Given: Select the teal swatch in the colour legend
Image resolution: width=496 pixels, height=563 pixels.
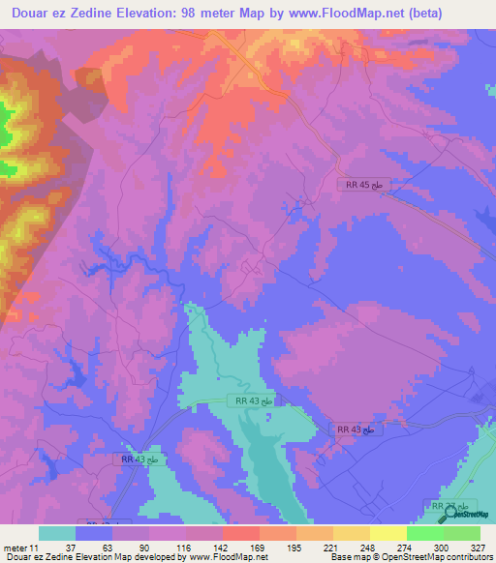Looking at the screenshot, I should (x=56, y=533).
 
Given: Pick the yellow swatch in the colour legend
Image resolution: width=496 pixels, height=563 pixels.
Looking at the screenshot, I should (x=388, y=533).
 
